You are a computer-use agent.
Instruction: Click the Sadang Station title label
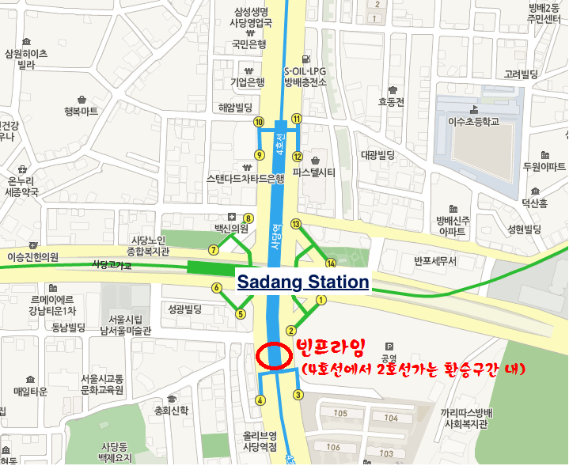(304, 282)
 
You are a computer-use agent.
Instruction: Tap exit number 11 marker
(297, 119)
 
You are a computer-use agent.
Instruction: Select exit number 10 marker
(259, 122)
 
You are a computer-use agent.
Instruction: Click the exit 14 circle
(331, 263)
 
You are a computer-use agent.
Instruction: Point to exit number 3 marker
(298, 395)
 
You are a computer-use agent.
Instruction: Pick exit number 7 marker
(213, 250)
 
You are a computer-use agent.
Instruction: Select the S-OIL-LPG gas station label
(305, 75)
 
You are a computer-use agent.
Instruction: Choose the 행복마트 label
(81, 112)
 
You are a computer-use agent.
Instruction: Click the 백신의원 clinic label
(231, 228)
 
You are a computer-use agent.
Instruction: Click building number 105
(341, 414)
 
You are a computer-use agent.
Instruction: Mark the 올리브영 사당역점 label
(260, 441)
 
